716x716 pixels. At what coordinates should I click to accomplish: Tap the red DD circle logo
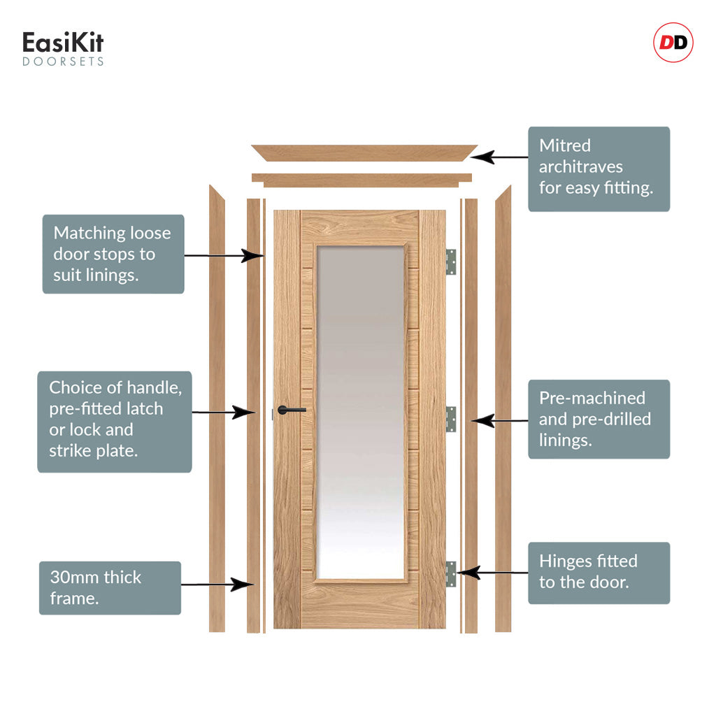point(673,43)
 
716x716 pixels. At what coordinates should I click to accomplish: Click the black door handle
point(291,410)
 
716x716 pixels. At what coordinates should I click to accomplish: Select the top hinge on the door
point(451,262)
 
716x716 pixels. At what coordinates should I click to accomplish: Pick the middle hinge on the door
point(451,418)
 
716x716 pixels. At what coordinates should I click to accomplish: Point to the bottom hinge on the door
point(451,573)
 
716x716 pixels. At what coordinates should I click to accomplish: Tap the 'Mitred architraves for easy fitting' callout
point(599,169)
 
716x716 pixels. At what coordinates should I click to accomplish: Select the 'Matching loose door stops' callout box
point(113,254)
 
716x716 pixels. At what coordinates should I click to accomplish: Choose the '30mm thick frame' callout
point(110,588)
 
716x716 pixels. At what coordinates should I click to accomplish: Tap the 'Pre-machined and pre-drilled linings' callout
point(599,419)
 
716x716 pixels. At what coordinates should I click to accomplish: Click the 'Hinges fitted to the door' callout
point(599,573)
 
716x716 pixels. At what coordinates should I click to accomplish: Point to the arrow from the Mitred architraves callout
point(503,157)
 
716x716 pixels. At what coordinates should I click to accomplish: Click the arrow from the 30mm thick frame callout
point(217,584)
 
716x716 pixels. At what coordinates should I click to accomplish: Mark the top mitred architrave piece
point(364,152)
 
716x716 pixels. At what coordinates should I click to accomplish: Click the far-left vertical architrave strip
point(217,409)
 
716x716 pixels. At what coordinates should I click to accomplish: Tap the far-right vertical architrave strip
point(503,409)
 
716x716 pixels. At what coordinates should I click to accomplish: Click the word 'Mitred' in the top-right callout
point(565,146)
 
